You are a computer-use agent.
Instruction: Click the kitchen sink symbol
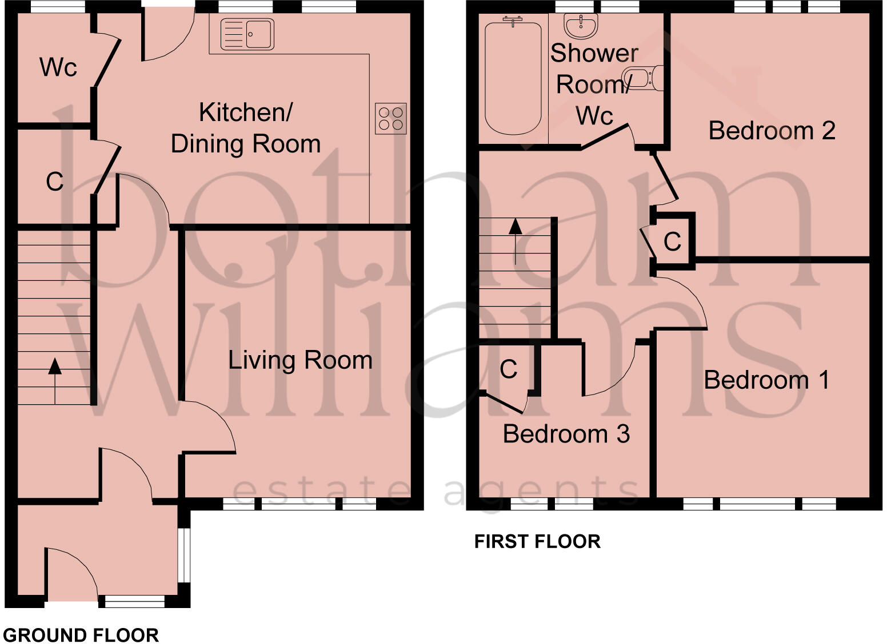click(x=247, y=34)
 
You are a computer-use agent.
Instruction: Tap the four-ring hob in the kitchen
click(x=391, y=119)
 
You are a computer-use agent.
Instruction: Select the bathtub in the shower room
click(x=513, y=75)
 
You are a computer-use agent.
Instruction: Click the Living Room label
click(x=300, y=360)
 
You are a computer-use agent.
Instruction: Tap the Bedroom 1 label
click(x=766, y=380)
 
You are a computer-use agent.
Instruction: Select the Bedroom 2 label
click(x=772, y=131)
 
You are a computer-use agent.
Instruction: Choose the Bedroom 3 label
click(x=566, y=434)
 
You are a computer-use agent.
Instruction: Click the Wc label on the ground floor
click(x=58, y=67)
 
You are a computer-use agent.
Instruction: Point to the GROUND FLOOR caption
click(x=81, y=635)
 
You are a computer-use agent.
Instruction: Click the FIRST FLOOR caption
click(x=537, y=541)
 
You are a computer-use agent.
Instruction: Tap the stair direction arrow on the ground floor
click(x=55, y=380)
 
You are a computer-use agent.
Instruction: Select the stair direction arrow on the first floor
click(x=516, y=240)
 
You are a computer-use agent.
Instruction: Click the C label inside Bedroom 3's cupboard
click(x=508, y=369)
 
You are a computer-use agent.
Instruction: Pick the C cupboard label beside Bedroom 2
click(x=672, y=241)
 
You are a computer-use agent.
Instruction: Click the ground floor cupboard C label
click(x=54, y=182)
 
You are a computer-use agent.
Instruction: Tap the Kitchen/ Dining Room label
click(x=246, y=128)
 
